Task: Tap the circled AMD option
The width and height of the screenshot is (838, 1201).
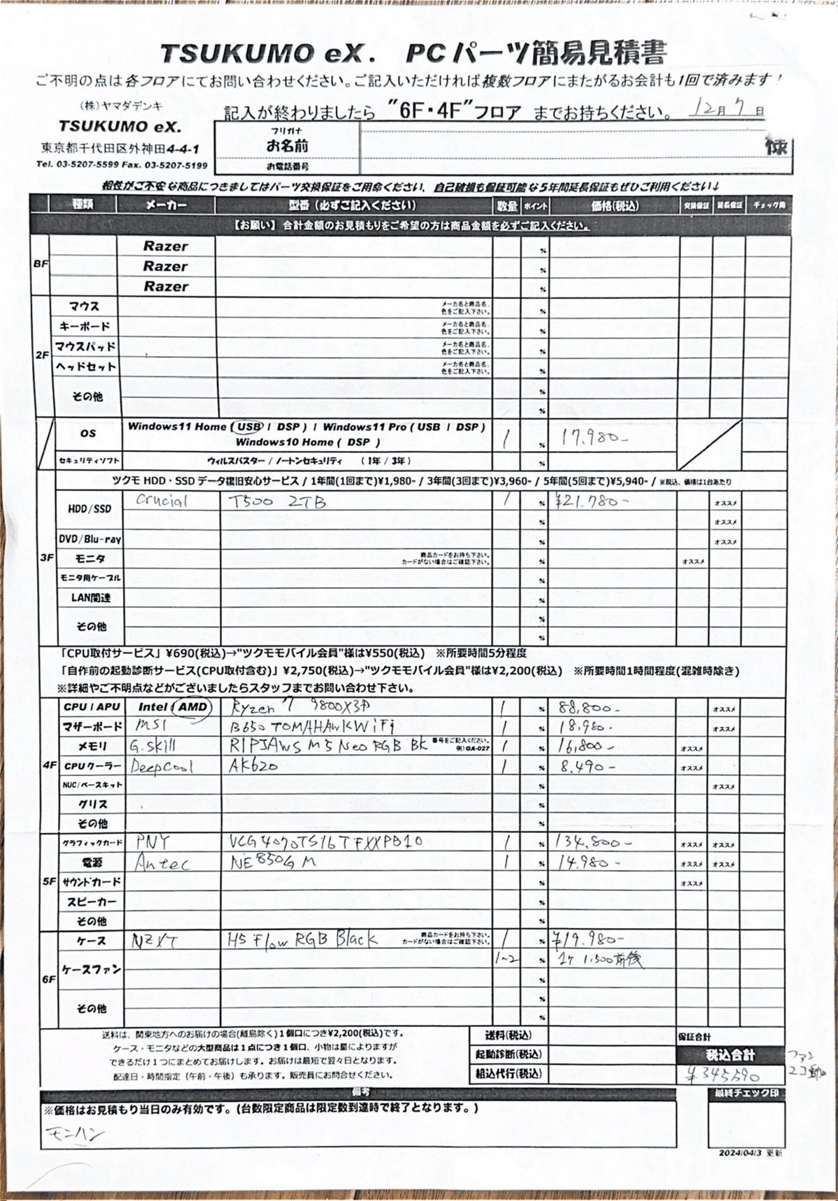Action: [192, 707]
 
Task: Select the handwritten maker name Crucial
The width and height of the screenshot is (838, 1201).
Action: [161, 501]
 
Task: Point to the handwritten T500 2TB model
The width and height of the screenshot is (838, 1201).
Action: [277, 501]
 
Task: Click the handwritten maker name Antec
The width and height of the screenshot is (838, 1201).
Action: [161, 864]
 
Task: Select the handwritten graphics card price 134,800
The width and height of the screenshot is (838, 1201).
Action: [592, 843]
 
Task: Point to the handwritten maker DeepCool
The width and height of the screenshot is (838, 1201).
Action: [162, 766]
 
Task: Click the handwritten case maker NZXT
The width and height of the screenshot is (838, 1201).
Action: [154, 941]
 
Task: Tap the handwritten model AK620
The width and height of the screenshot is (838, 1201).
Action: [253, 765]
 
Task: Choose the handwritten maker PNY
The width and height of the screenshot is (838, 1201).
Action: [153, 841]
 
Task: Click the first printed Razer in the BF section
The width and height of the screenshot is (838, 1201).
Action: [166, 246]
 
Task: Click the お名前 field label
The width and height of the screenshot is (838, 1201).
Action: [287, 147]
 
